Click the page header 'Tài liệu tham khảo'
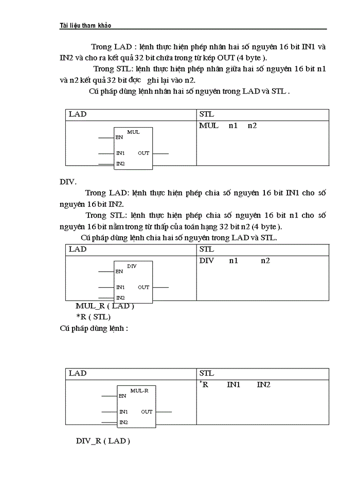(x=85, y=26)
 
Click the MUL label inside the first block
(x=133, y=132)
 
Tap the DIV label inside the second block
(x=132, y=266)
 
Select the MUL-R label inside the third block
(x=139, y=391)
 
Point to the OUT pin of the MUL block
(x=143, y=153)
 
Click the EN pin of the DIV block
(x=119, y=272)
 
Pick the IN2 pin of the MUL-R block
(x=123, y=422)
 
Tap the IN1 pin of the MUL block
(x=120, y=153)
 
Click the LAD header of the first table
(x=78, y=114)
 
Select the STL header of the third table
(x=206, y=373)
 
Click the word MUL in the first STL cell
(x=208, y=126)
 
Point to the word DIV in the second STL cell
(x=206, y=260)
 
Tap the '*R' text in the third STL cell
(x=204, y=385)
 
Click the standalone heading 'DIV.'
(x=68, y=182)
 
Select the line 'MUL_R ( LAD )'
(x=105, y=306)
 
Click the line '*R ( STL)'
(x=93, y=317)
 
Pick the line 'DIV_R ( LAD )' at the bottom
(x=103, y=442)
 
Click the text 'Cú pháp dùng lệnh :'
(x=94, y=328)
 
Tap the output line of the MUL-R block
(x=164, y=412)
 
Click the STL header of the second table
(x=206, y=249)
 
